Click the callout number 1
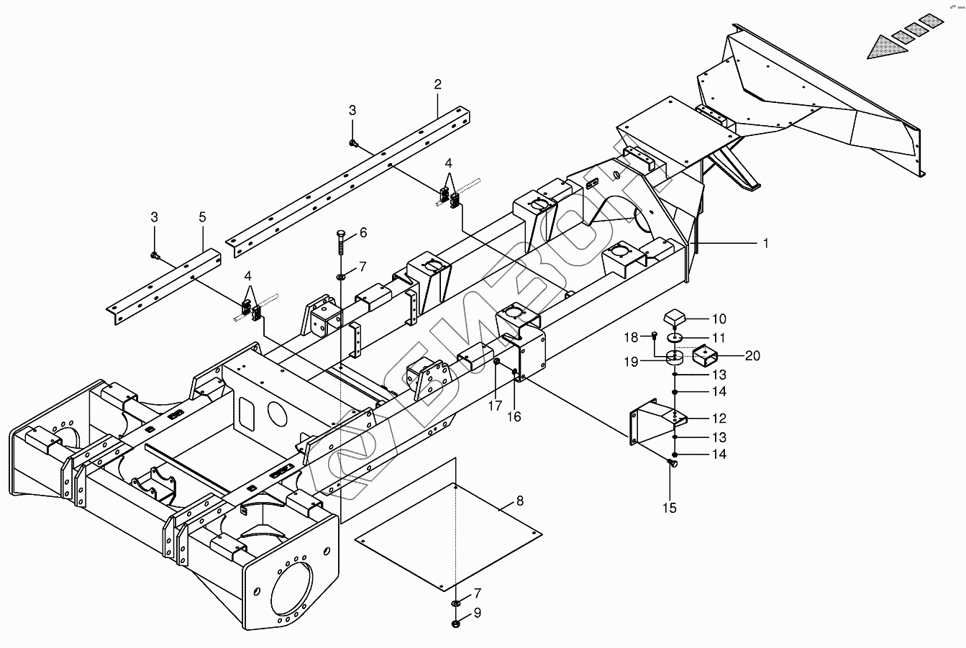pyautogui.click(x=766, y=244)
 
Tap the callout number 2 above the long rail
pyautogui.click(x=438, y=84)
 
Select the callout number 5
pyautogui.click(x=203, y=217)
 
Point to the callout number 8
pyautogui.click(x=520, y=501)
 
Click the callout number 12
pyautogui.click(x=719, y=418)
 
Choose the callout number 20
pyautogui.click(x=752, y=356)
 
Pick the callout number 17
pyautogui.click(x=495, y=406)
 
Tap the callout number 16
pyautogui.click(x=514, y=417)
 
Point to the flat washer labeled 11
pyautogui.click(x=675, y=337)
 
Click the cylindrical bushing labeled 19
pyautogui.click(x=675, y=358)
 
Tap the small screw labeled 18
pyautogui.click(x=655, y=334)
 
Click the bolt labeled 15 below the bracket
pyautogui.click(x=672, y=463)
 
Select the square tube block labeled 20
pyautogui.click(x=705, y=356)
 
